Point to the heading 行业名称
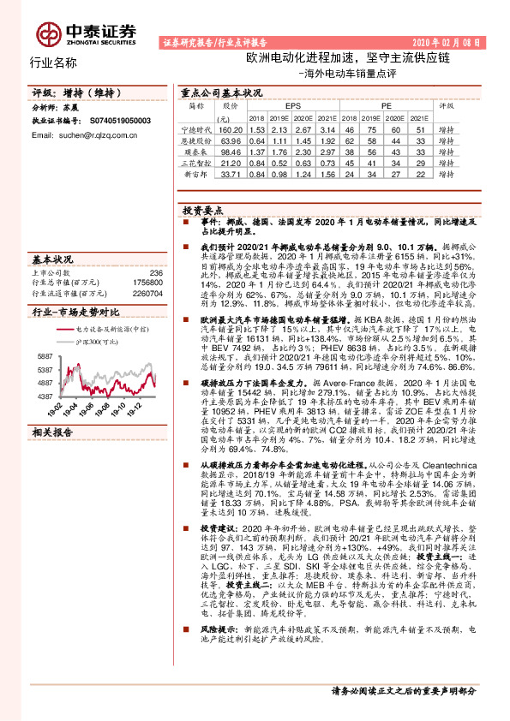point(53,63)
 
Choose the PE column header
point(375,106)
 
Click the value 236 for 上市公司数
point(156,273)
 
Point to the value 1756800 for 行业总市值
point(148,283)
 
